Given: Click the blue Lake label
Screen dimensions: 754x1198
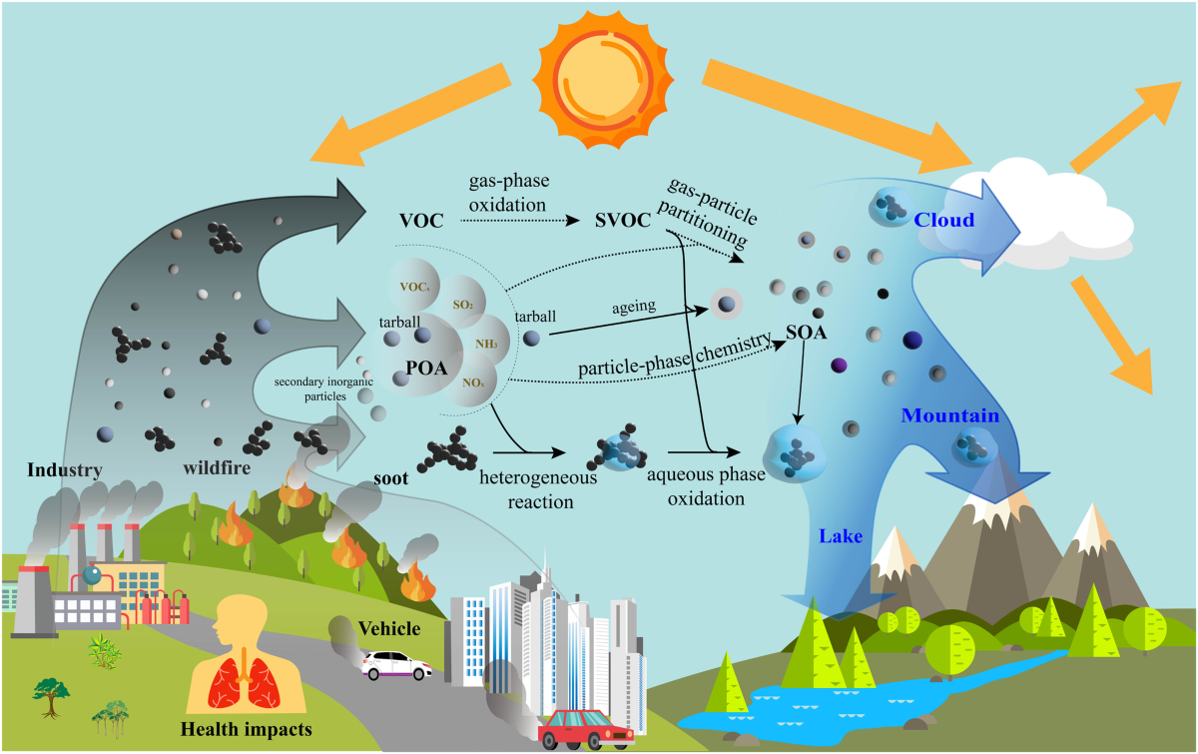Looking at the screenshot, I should point(840,537).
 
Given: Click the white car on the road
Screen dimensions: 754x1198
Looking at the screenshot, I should point(396,664).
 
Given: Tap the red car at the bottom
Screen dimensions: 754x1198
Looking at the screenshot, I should point(586,730).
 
